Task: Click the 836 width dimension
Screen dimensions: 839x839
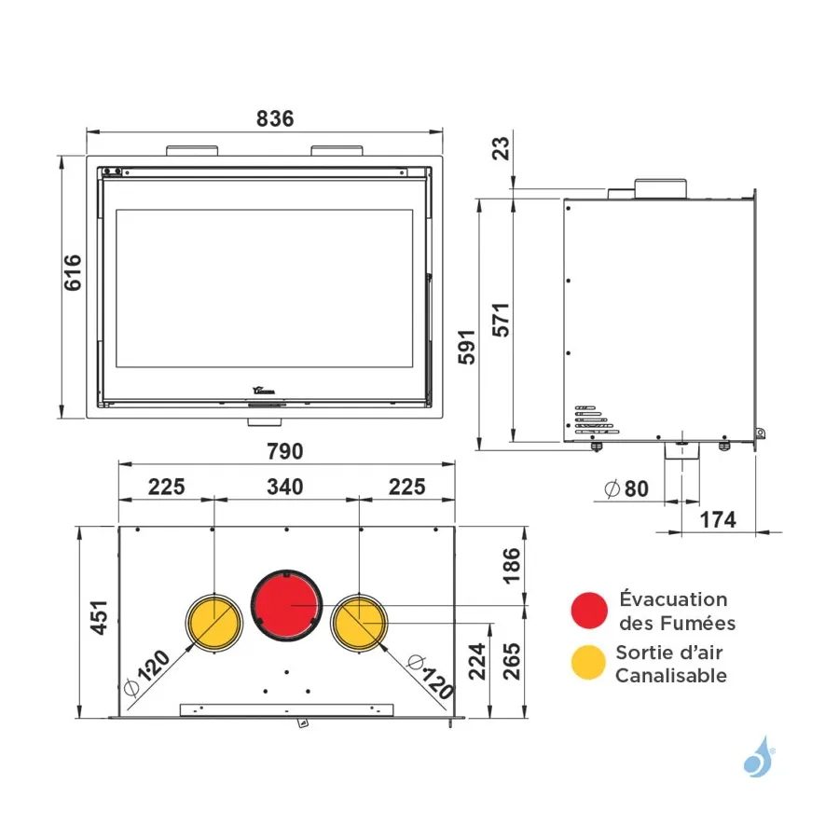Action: tap(275, 118)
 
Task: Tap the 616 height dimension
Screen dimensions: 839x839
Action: tap(74, 273)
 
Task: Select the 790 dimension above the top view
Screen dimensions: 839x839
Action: tap(285, 451)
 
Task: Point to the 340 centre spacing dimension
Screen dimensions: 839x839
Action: tap(285, 487)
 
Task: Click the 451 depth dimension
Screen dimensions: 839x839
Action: tap(100, 617)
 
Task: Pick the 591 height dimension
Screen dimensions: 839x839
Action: tap(467, 348)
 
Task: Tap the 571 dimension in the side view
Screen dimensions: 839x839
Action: tap(502, 320)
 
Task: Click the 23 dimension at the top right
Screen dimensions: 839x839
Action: tap(502, 148)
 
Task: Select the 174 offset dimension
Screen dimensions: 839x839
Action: tap(718, 519)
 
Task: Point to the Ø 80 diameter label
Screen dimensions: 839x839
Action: tap(626, 488)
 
